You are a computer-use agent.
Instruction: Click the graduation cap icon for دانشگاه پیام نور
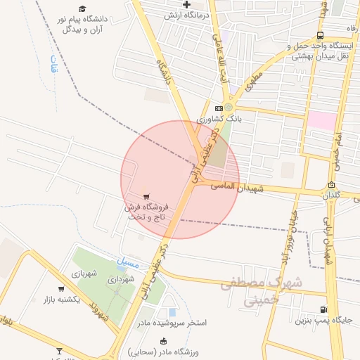(x=82, y=8)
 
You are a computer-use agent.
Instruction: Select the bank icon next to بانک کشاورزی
(x=219, y=108)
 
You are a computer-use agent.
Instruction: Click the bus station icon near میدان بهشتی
(x=321, y=35)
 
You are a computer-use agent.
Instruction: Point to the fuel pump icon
(x=323, y=309)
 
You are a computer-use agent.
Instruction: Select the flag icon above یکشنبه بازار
(x=61, y=289)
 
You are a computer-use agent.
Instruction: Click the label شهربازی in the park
(x=82, y=272)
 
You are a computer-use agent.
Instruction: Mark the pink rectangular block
(x=321, y=120)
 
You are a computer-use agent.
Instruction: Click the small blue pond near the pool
(x=172, y=312)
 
